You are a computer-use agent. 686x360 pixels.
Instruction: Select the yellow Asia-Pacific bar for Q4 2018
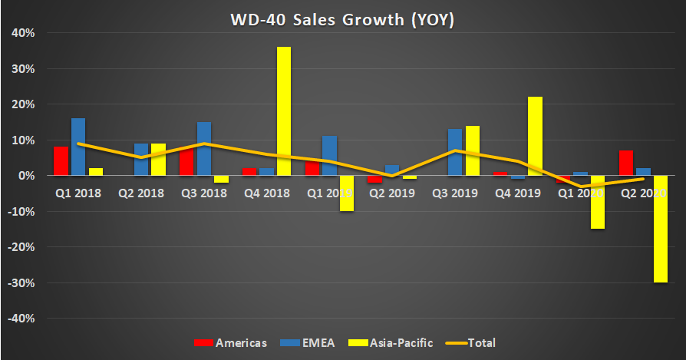coord(284,111)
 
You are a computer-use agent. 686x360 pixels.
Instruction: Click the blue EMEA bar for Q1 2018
coord(78,147)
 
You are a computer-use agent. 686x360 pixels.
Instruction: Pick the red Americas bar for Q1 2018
coord(61,161)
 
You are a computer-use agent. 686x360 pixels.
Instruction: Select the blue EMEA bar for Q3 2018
coord(204,149)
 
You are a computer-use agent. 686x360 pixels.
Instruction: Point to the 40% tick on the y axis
coord(21,33)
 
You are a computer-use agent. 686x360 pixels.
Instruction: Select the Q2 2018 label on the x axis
coord(142,193)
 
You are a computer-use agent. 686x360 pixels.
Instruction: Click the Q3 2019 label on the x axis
coord(457,193)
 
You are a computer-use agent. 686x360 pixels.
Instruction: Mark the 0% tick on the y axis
coord(25,176)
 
